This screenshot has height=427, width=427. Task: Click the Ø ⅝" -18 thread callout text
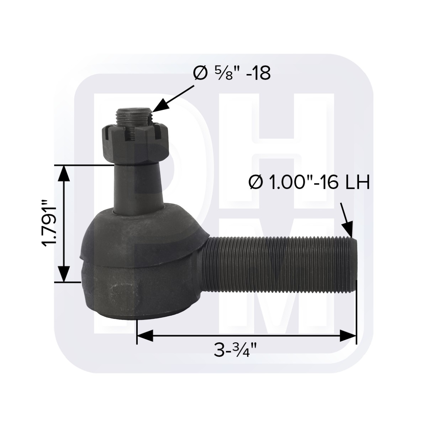(232, 73)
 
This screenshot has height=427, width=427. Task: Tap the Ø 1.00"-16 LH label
(309, 184)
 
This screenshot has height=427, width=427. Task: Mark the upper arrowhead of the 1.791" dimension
(64, 174)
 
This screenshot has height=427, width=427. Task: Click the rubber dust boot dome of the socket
(142, 231)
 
